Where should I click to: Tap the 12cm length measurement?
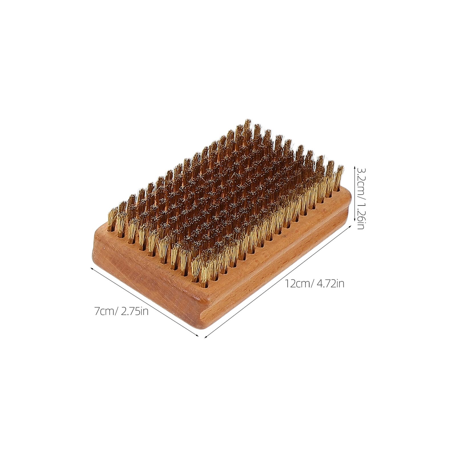click(x=298, y=284)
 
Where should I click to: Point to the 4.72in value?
click(x=330, y=284)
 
